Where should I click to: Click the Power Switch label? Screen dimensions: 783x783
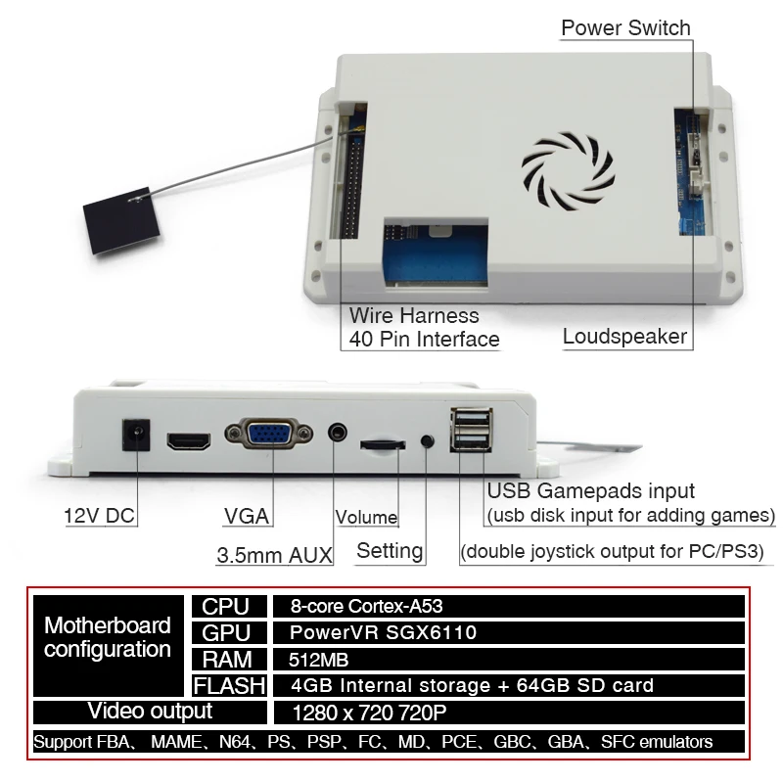tap(625, 27)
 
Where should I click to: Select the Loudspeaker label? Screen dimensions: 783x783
tap(624, 337)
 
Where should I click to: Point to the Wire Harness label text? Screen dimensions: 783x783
tap(414, 316)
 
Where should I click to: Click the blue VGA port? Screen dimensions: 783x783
tap(267, 434)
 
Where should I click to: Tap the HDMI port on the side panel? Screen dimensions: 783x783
tap(189, 440)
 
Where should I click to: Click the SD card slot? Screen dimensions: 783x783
tap(383, 444)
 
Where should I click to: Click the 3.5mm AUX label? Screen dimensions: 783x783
tap(274, 555)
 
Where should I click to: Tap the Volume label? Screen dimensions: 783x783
tap(367, 517)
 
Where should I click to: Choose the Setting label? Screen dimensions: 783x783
tap(390, 550)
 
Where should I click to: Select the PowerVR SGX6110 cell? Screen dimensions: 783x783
tap(383, 632)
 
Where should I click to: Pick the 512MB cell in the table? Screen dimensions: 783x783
tap(319, 660)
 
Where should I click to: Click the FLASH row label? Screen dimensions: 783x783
tap(229, 686)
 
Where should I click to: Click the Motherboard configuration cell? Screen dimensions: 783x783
tap(108, 637)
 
